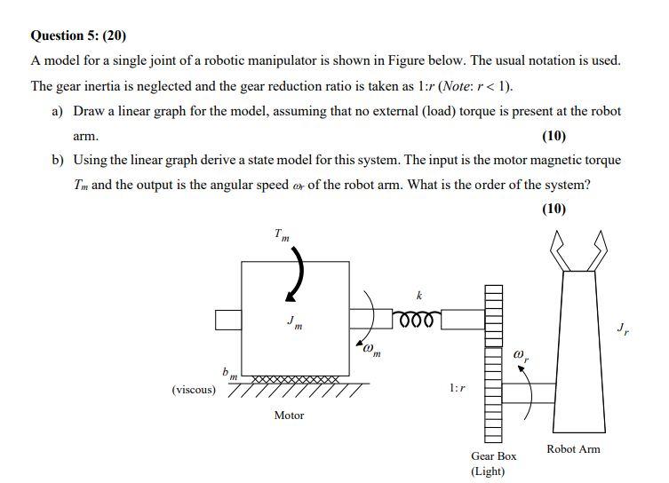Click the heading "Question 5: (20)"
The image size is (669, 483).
[78, 36]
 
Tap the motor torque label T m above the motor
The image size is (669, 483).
[282, 235]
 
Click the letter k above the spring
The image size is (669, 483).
[420, 295]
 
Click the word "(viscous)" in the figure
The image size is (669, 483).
[194, 389]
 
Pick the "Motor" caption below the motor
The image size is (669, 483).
[289, 415]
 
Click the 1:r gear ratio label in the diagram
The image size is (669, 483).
[458, 388]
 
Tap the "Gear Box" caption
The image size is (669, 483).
[493, 455]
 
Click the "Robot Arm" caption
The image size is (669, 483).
[573, 448]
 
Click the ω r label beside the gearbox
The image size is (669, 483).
[522, 356]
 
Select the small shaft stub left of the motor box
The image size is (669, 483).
[228, 319]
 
